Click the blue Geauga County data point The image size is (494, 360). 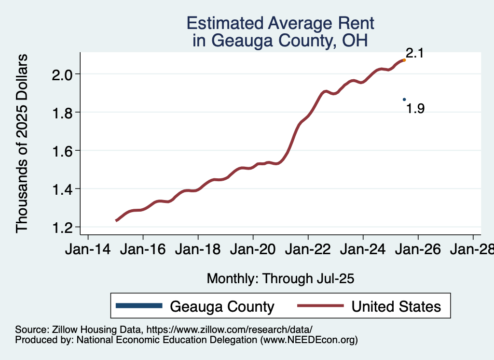404,100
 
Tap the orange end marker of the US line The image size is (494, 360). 404,60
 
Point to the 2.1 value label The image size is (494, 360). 414,53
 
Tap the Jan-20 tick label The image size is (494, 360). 253,250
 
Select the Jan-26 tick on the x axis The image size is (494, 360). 418,250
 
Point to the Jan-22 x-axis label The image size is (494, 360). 308,250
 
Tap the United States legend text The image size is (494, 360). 396,306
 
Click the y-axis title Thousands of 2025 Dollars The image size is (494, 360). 22,143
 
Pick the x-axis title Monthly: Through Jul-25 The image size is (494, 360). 280,279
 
